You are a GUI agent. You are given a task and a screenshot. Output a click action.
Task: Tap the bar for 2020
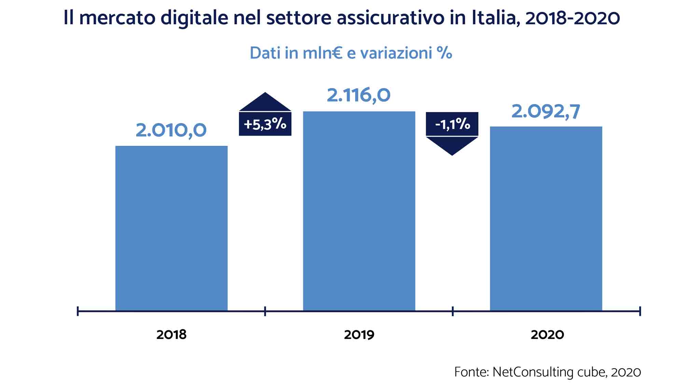[546, 218]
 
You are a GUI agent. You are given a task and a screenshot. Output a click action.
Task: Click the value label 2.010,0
[171, 130]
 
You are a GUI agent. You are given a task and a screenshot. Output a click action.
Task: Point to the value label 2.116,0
[359, 95]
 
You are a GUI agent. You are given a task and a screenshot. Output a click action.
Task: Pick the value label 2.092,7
[545, 112]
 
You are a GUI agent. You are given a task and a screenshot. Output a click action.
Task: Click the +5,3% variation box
[265, 124]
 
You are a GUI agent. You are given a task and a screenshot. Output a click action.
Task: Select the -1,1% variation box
[452, 124]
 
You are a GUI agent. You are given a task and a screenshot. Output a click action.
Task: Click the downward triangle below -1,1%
[452, 145]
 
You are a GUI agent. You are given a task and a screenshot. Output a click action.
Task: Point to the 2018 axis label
[171, 335]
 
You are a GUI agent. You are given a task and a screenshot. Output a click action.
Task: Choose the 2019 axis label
[359, 335]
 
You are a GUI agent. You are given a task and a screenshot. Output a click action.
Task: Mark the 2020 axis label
[547, 335]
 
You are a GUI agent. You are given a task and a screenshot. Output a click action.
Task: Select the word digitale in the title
[194, 18]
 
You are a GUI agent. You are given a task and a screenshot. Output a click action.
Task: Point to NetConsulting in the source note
[533, 372]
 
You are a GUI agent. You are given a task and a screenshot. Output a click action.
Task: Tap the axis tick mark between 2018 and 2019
[265, 311]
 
